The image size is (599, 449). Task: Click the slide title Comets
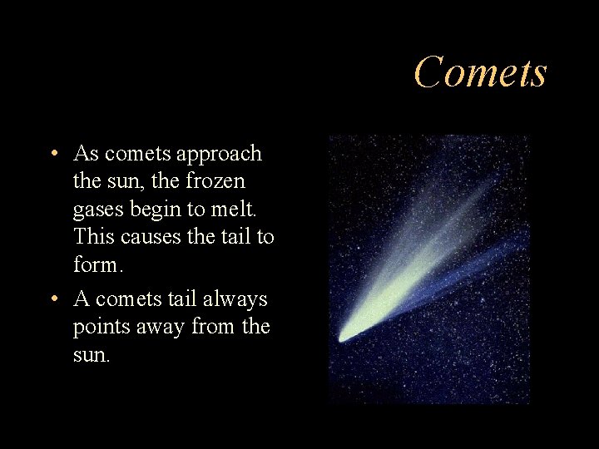point(480,72)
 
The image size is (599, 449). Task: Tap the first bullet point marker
point(53,155)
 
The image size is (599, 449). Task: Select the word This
point(94,237)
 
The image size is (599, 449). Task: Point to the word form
point(96,266)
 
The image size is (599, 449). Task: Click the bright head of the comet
point(344,336)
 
